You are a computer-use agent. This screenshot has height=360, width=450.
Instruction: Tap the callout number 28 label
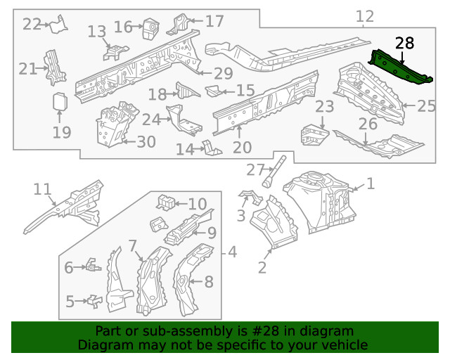(x=404, y=44)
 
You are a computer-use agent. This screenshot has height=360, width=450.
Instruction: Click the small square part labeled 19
(x=60, y=102)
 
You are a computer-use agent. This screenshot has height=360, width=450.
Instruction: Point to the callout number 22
(x=32, y=25)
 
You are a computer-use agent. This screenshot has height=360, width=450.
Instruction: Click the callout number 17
(x=214, y=20)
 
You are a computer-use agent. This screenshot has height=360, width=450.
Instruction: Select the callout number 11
(x=42, y=189)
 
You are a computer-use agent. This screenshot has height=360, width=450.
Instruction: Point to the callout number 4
(x=232, y=252)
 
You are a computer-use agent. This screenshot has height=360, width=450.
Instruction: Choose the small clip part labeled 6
(x=93, y=266)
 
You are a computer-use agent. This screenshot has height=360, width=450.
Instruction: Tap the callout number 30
(x=146, y=142)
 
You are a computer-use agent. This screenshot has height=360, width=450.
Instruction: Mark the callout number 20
(x=241, y=148)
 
